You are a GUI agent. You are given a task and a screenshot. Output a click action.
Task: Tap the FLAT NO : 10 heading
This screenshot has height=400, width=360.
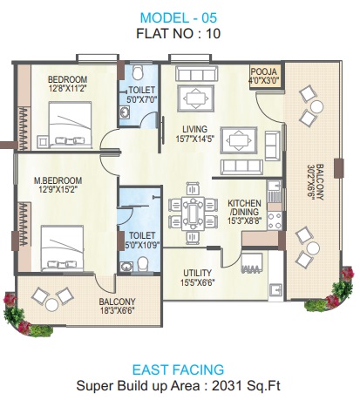click(179, 36)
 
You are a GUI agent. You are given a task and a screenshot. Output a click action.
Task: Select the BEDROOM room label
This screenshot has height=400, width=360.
click(67, 78)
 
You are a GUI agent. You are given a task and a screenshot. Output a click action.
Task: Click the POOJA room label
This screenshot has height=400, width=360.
click(263, 72)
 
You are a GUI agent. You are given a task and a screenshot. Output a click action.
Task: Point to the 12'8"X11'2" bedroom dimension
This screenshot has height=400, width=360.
click(67, 88)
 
